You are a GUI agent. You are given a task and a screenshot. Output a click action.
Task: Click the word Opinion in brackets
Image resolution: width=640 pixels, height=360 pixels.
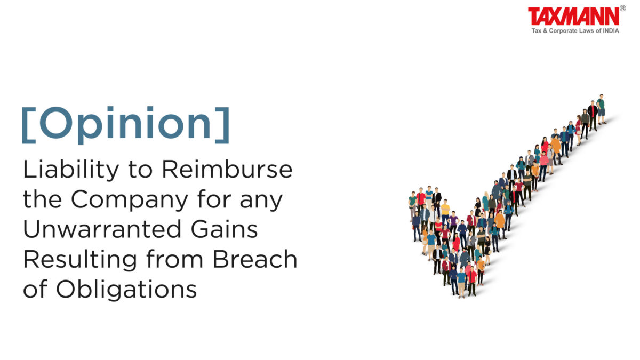pyautogui.click(x=126, y=125)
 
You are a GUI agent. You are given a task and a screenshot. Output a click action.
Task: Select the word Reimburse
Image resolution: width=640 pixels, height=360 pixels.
pyautogui.click(x=227, y=169)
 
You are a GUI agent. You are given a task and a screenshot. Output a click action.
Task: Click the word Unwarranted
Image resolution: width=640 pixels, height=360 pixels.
pyautogui.click(x=102, y=229)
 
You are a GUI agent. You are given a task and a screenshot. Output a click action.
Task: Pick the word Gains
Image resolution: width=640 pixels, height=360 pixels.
pyautogui.click(x=225, y=229)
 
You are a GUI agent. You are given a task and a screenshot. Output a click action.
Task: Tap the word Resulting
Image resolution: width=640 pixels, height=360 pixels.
pyautogui.click(x=80, y=259)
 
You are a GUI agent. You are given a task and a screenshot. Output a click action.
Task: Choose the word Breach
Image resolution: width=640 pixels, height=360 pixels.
pyautogui.click(x=255, y=259)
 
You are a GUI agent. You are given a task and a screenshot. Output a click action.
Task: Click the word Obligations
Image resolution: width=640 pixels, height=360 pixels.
pyautogui.click(x=126, y=290)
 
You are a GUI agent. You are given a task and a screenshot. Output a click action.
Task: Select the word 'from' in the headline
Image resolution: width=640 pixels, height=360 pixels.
pyautogui.click(x=174, y=259)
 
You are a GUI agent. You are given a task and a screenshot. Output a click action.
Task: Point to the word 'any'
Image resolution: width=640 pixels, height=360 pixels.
pyautogui.click(x=261, y=201)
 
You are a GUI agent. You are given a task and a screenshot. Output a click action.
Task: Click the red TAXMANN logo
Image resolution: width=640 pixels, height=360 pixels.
pyautogui.click(x=573, y=17)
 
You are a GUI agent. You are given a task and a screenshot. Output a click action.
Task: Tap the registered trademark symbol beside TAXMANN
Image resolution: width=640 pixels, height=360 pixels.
pyautogui.click(x=623, y=9)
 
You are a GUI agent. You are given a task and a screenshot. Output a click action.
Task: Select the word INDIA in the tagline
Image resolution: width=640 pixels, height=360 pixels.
pyautogui.click(x=611, y=30)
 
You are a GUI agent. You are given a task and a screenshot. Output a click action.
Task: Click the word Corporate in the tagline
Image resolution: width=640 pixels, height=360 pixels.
pyautogui.click(x=561, y=31)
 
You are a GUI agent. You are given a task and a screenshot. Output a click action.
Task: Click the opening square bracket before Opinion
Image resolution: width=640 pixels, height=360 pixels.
pyautogui.click(x=29, y=125)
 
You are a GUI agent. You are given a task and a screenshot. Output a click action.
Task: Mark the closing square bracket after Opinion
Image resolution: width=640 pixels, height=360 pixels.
pyautogui.click(x=222, y=125)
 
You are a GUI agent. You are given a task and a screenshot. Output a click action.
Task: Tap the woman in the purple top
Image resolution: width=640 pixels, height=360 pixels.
pyautogui.click(x=453, y=224)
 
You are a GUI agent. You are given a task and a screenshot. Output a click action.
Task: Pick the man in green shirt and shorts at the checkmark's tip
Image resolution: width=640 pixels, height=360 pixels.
pyautogui.click(x=601, y=109)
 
